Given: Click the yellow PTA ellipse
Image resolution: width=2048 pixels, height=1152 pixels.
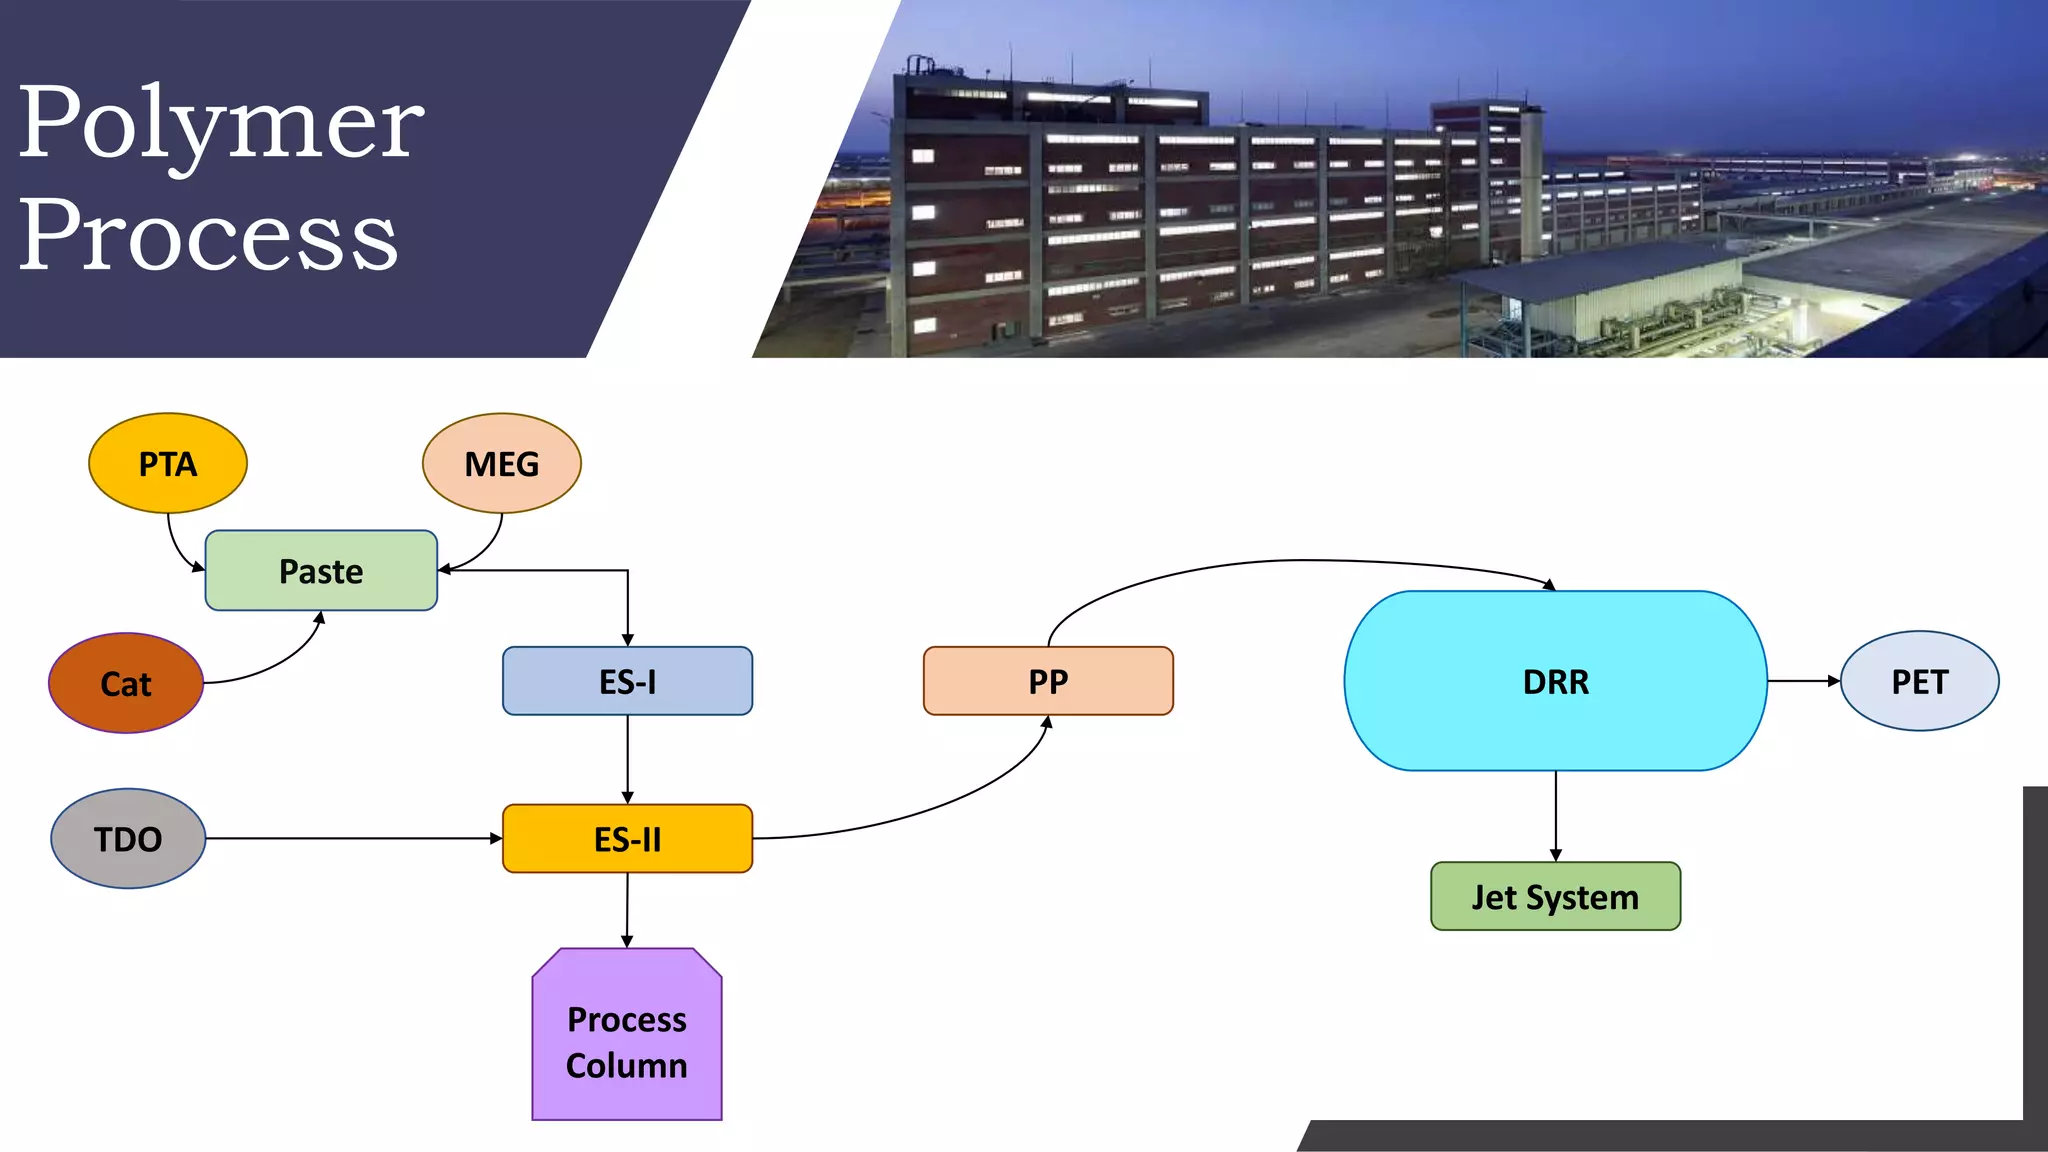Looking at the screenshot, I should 168,463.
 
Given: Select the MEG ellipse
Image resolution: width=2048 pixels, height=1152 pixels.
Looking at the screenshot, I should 501,463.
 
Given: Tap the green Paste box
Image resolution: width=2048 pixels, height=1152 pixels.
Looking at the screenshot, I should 321,570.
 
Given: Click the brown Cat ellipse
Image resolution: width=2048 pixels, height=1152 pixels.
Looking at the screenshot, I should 126,683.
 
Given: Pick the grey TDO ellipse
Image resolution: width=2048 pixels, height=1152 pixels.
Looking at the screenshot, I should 128,838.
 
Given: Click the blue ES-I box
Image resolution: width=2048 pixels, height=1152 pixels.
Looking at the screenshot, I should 627,681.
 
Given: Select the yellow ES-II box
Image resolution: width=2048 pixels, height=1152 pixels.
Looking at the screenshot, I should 627,838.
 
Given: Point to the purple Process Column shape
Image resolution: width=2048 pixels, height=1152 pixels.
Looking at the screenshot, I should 627,1040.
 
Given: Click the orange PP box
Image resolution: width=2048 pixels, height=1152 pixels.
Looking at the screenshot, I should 1048,681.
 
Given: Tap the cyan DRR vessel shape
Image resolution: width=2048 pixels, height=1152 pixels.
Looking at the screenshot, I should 1555,681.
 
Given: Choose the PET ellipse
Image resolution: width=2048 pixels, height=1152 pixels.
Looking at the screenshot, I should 1919,681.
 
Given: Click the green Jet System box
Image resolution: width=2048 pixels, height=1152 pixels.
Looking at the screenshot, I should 1555,896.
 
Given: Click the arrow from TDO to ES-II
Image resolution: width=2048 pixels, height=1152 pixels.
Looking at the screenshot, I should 350,838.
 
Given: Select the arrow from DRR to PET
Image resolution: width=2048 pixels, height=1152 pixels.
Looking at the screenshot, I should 1802,681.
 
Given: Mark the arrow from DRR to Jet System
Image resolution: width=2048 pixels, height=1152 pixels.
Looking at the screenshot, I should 1555,815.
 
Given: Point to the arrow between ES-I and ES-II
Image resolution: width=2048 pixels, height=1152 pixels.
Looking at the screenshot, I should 627,758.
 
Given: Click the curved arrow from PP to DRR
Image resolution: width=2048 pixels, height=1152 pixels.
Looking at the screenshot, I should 1300,561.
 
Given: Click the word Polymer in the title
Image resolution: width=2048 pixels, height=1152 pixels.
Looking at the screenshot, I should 221,125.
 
